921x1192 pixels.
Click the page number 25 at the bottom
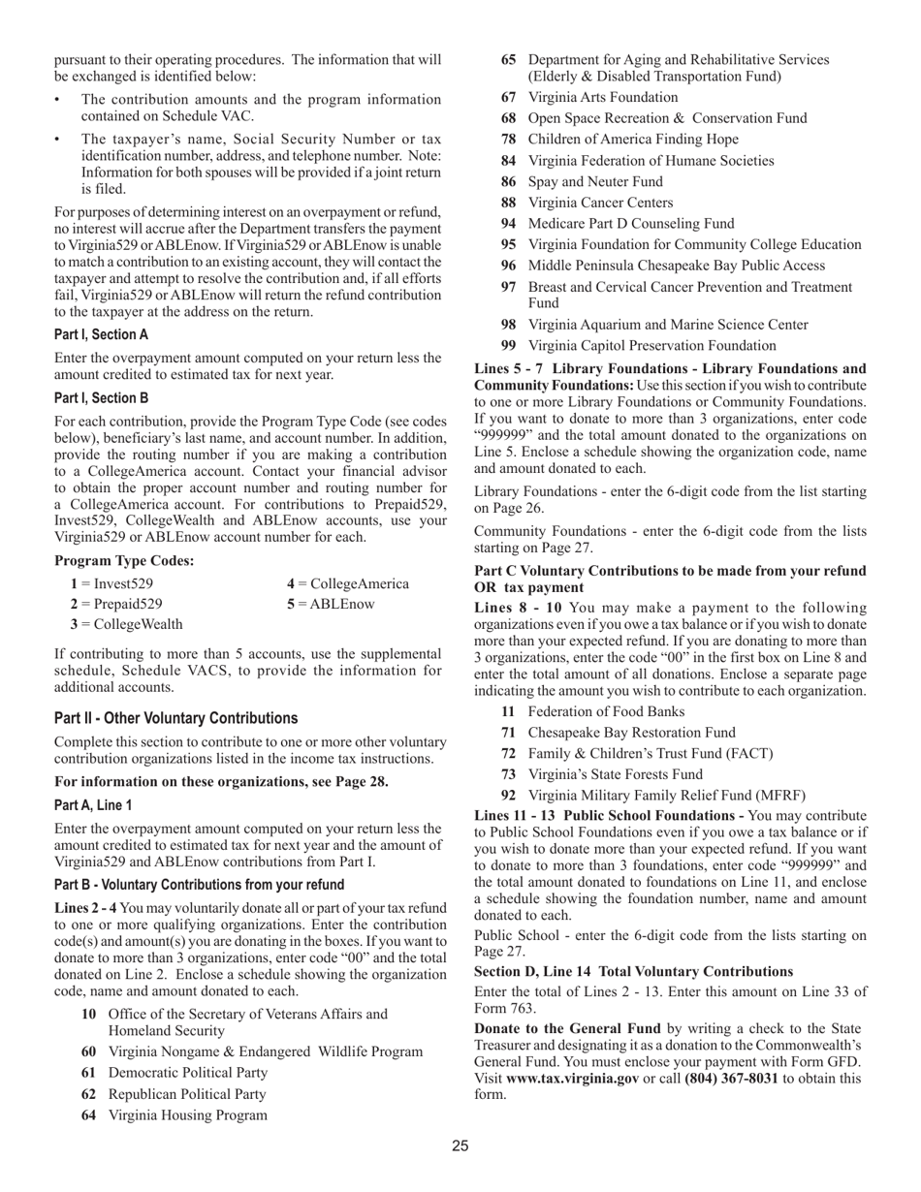point(460,1146)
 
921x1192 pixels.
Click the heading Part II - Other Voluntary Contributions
point(175,718)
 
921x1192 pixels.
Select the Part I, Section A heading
point(101,334)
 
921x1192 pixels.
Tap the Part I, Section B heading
point(101,397)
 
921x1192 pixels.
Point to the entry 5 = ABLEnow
point(330,604)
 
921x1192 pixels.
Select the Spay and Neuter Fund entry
point(595,181)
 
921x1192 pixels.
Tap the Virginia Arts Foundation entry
point(602,97)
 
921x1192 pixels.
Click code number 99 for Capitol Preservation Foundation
point(509,346)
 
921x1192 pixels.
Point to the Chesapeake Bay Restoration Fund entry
point(631,733)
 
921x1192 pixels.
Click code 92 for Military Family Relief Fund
point(509,796)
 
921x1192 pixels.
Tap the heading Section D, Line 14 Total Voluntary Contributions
point(633,972)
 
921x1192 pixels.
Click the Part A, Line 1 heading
point(93,805)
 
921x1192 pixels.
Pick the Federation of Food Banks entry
point(606,711)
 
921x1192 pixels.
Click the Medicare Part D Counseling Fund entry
point(631,224)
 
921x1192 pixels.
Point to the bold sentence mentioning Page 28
point(221,782)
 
